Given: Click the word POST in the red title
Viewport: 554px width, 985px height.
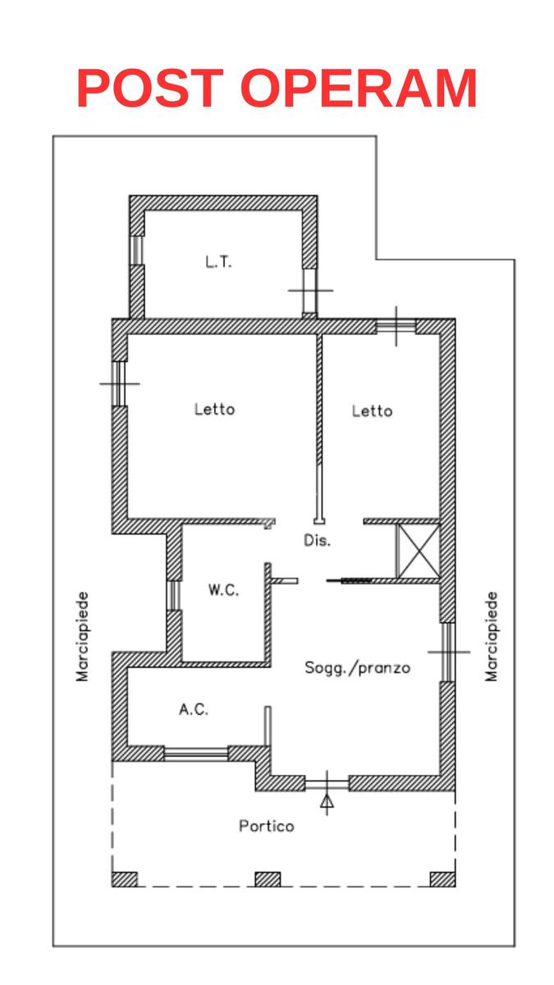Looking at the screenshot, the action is (x=150, y=88).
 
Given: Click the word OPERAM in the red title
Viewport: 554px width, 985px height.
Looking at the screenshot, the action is (x=359, y=88).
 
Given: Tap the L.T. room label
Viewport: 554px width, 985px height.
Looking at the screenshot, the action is (x=218, y=263).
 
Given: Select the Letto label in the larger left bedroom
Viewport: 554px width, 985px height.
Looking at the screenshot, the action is (x=214, y=409).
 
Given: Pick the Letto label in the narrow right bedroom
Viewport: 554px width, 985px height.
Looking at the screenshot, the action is (x=372, y=410).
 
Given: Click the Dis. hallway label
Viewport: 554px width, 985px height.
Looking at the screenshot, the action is (x=317, y=540).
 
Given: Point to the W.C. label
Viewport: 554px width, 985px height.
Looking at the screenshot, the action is (x=224, y=589).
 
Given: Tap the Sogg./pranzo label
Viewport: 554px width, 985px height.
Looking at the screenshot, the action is (x=358, y=668).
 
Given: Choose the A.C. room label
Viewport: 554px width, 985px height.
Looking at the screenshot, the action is (x=194, y=709).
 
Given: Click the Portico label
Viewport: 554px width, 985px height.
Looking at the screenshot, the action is (x=267, y=827).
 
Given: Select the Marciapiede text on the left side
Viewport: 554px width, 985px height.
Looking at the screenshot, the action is (x=82, y=637).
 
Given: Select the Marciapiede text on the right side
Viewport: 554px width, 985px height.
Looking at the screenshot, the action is (x=491, y=637).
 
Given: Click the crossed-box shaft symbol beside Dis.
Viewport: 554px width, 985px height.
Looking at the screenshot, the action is (x=418, y=551).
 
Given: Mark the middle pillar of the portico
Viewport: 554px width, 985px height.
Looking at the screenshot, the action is (x=268, y=879).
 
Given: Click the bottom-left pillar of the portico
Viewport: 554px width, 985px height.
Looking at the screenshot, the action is (x=125, y=879).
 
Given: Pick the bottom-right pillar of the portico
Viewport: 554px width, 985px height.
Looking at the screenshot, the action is (x=442, y=879).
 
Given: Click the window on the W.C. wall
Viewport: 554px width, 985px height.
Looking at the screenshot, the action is (x=174, y=595).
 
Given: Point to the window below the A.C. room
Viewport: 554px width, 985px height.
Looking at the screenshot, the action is (x=195, y=754).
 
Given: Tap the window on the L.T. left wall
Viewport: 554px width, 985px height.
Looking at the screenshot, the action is (x=137, y=250).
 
